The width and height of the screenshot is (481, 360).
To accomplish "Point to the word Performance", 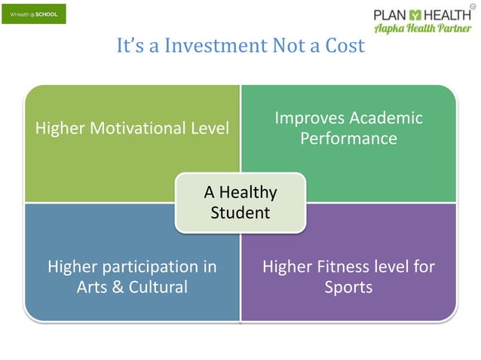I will (348, 139).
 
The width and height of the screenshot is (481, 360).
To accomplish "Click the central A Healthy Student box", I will (240, 202).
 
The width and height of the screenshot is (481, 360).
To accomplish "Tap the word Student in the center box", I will (240, 213).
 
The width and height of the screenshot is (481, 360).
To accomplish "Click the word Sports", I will (348, 287).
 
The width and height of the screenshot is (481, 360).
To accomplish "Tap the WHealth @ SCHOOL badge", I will (33, 14).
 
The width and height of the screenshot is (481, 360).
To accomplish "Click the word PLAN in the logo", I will (391, 14).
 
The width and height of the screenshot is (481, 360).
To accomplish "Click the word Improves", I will (308, 118).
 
